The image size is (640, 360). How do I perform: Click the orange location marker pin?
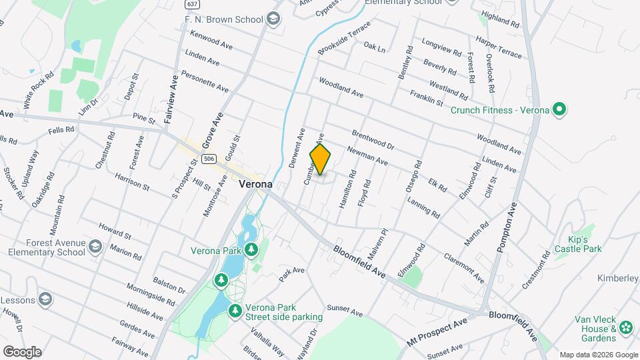click(x=320, y=159)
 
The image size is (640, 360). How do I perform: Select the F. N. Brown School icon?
click(x=273, y=20)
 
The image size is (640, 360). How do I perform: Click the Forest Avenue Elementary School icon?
click(x=95, y=248)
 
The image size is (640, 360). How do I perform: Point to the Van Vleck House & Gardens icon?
click(x=625, y=327)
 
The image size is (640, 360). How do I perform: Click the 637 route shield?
click(x=193, y=4)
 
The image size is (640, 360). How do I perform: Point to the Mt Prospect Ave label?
click(x=438, y=332)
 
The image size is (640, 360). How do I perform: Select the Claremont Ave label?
click(x=463, y=267)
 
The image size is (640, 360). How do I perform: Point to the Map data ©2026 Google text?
click(x=598, y=355)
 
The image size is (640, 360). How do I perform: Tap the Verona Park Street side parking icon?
click(x=235, y=311)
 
